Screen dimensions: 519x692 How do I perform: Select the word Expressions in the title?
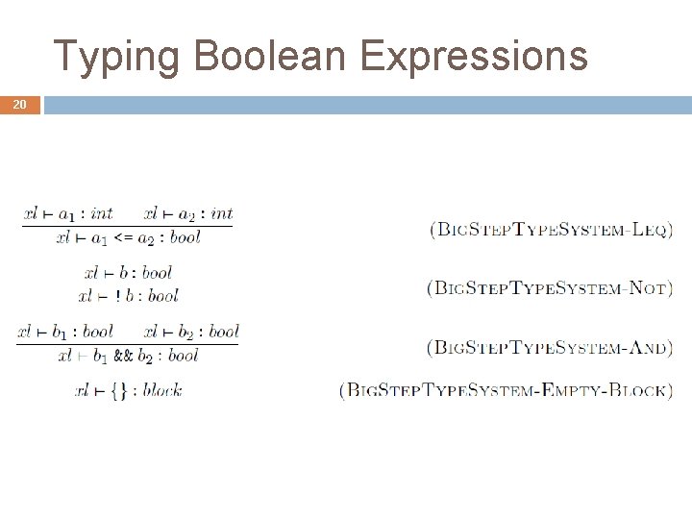(x=474, y=56)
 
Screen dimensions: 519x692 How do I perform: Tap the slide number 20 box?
(x=20, y=105)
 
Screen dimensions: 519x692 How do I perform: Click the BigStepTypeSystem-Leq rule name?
(x=552, y=230)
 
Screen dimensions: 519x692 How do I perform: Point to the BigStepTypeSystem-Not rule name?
(x=550, y=287)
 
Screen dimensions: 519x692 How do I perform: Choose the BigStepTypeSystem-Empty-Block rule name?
(x=507, y=391)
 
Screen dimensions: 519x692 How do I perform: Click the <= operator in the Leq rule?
(x=124, y=237)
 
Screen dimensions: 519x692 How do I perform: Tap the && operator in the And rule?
(x=123, y=356)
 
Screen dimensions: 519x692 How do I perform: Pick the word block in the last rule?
(x=162, y=390)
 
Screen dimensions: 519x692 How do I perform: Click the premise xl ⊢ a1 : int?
(x=68, y=214)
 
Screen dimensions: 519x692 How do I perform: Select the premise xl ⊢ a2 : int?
(x=188, y=214)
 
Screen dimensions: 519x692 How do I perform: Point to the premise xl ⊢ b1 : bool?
(x=65, y=333)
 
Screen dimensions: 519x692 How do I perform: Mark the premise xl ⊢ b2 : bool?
(x=190, y=333)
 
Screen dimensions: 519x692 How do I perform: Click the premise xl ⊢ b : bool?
(x=128, y=273)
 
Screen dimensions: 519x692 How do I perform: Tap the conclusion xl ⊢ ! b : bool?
(x=128, y=296)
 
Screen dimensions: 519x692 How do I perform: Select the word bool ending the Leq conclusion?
(x=185, y=237)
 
